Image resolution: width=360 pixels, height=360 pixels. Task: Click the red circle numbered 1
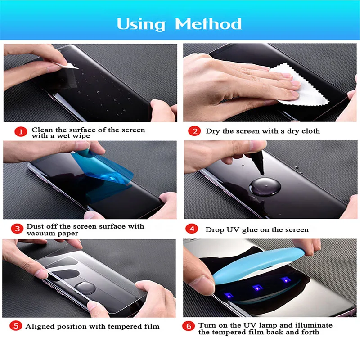click(x=19, y=132)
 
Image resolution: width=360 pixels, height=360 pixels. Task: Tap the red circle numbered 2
click(x=194, y=131)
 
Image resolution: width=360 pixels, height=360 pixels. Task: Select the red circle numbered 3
click(x=18, y=229)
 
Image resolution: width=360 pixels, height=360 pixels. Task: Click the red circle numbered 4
click(x=193, y=229)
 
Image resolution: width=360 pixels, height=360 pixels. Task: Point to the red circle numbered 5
click(x=16, y=326)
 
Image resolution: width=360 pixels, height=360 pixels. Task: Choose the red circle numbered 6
click(x=190, y=325)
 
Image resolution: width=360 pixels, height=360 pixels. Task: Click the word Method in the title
click(x=208, y=24)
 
